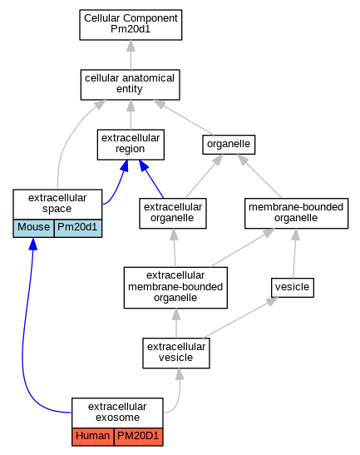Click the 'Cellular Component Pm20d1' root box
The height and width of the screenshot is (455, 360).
(131, 25)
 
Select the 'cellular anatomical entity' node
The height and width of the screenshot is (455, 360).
(131, 85)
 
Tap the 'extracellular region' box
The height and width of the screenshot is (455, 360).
(131, 145)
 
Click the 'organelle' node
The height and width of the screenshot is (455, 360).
(229, 145)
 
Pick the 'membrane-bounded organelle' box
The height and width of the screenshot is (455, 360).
(296, 213)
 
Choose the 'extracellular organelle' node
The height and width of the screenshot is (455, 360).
(173, 213)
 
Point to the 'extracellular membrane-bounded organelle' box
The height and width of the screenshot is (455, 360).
(175, 288)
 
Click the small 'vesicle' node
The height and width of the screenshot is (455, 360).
(293, 288)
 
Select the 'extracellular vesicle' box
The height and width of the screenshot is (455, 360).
(176, 354)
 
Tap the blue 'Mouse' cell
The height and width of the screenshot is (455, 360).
(33, 228)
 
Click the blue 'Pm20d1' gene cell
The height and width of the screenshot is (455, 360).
(78, 228)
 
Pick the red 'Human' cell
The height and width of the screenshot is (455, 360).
(93, 437)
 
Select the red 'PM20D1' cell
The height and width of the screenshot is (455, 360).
(138, 437)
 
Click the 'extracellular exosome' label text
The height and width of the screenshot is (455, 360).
(117, 412)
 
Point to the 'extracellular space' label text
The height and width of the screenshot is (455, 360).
(57, 203)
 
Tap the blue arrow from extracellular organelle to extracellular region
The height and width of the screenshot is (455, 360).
(151, 179)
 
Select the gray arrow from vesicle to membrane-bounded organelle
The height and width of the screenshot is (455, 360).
(294, 253)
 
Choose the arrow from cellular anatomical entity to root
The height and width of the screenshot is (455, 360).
(131, 55)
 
